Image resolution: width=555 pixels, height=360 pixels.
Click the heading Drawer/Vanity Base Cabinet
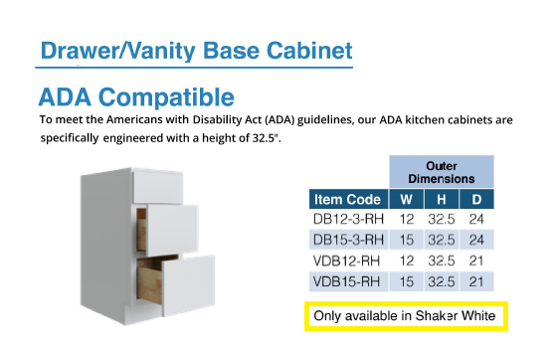(x=195, y=49)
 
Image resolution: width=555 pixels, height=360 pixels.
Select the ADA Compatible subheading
(x=136, y=97)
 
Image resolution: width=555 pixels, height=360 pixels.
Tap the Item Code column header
(x=347, y=199)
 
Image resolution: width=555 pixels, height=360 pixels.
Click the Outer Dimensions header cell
(x=442, y=171)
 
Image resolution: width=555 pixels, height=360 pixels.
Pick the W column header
(x=407, y=199)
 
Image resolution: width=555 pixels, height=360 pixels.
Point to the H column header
(x=443, y=199)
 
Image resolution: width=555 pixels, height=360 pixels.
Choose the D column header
(x=476, y=199)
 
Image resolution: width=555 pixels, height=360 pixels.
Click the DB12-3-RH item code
(x=347, y=219)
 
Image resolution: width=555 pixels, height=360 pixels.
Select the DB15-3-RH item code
(x=347, y=240)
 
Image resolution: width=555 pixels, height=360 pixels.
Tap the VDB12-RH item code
(x=345, y=261)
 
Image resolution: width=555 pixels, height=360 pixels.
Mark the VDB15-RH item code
(x=345, y=281)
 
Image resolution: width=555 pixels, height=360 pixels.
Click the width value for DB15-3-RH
(x=407, y=240)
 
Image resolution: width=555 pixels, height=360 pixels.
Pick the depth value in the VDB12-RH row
(x=476, y=261)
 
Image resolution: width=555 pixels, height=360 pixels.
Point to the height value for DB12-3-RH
(x=443, y=219)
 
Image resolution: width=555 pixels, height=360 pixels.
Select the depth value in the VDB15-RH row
(x=476, y=281)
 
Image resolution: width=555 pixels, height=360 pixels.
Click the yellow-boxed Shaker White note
(x=405, y=316)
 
